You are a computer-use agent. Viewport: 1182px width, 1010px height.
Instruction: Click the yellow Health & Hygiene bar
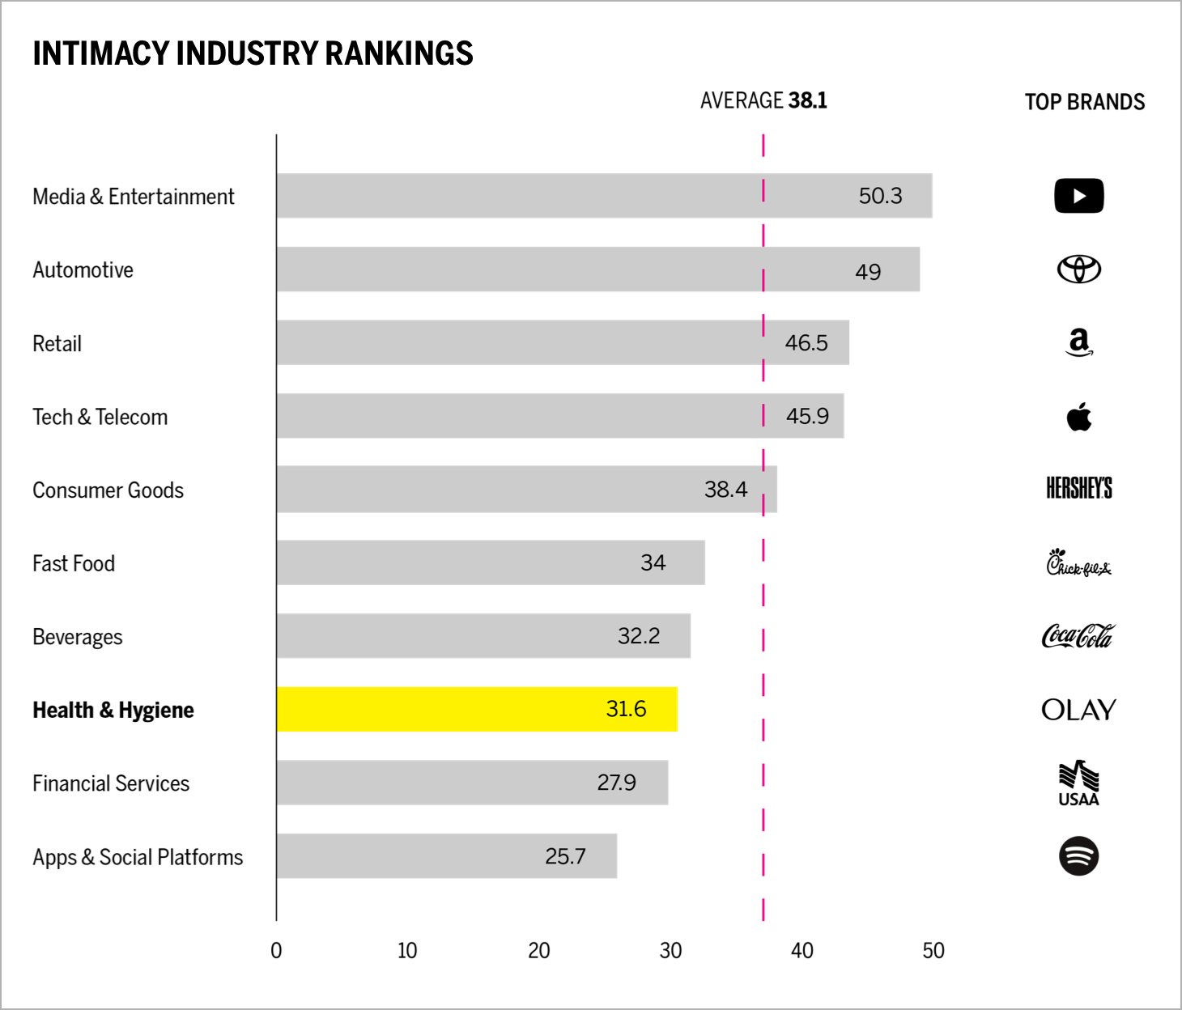477,709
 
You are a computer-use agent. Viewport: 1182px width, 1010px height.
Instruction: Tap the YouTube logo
1078,196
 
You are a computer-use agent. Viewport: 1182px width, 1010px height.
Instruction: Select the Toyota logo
1078,269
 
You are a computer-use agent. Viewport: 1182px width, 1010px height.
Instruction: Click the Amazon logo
1078,342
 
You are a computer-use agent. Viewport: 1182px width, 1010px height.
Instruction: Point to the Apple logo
1078,417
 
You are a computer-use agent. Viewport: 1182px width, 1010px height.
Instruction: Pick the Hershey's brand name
1078,488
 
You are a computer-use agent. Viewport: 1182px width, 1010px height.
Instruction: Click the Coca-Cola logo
1078,636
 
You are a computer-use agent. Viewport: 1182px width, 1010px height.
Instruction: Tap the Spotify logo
1078,855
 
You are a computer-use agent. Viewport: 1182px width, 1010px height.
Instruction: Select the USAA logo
1078,783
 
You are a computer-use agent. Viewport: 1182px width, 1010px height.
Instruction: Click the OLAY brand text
1078,710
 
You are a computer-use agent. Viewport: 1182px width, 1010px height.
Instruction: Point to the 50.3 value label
880,196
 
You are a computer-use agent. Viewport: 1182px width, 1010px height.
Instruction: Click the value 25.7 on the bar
565,856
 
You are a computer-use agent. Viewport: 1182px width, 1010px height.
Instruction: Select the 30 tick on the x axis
670,951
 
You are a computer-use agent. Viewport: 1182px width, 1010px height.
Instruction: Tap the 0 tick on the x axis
276,951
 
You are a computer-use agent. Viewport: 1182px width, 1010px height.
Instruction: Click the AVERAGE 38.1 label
763,100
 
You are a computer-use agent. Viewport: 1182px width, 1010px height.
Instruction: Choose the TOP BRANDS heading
1084,102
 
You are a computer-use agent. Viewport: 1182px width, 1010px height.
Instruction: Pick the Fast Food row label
74,563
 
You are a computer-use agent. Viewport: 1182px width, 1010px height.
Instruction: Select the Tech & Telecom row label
100,417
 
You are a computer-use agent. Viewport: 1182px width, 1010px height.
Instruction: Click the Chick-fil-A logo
1078,562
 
